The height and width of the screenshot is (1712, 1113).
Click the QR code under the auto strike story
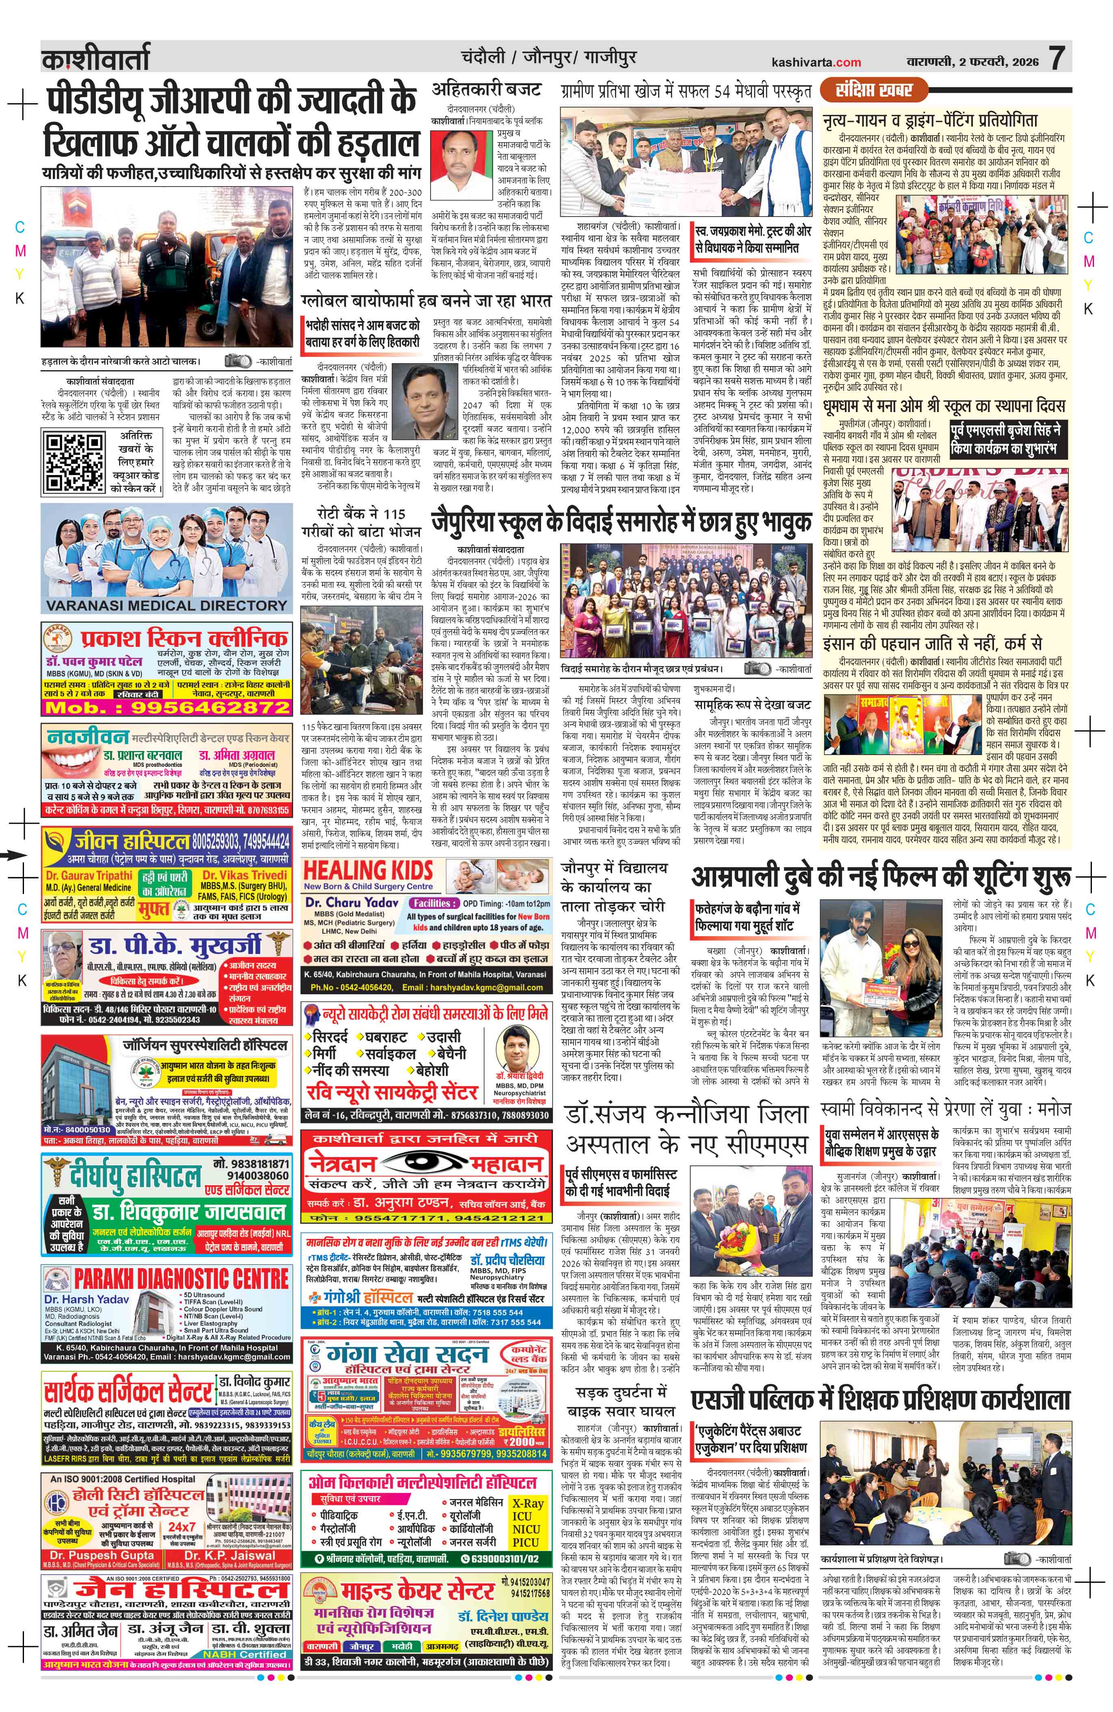click(x=74, y=462)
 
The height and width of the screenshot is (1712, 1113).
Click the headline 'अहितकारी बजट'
click(x=486, y=89)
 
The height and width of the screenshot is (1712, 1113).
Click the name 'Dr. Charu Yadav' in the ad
click(x=352, y=902)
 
